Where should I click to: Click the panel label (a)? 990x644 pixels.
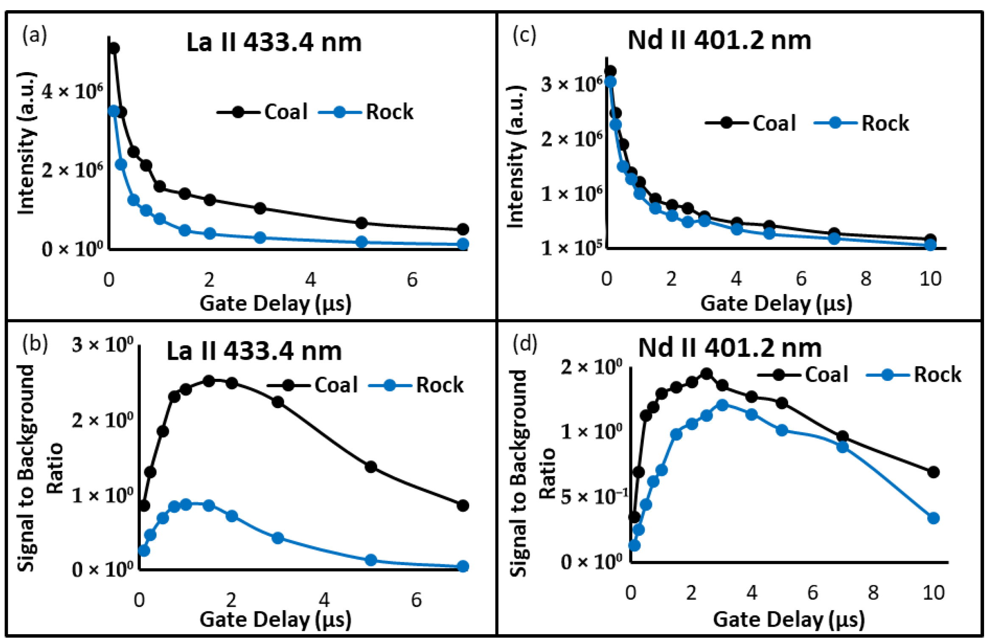34,35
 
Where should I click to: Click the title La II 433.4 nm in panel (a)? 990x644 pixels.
274,42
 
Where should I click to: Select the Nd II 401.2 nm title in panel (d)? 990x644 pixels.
730,348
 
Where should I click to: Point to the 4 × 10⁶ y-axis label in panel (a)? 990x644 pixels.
72,91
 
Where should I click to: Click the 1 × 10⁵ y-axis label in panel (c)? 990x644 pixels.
571,247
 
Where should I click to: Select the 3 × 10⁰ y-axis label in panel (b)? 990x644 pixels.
103,344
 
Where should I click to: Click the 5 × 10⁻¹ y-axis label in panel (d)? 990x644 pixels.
594,496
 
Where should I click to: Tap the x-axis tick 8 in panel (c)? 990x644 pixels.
866,279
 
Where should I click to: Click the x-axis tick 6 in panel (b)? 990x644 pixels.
416,600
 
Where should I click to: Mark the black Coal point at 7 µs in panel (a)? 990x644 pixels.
463,230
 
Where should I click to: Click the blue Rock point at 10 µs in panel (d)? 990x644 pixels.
933,518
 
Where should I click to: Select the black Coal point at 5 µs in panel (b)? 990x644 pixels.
371,467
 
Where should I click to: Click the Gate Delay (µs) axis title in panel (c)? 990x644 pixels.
776,303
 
